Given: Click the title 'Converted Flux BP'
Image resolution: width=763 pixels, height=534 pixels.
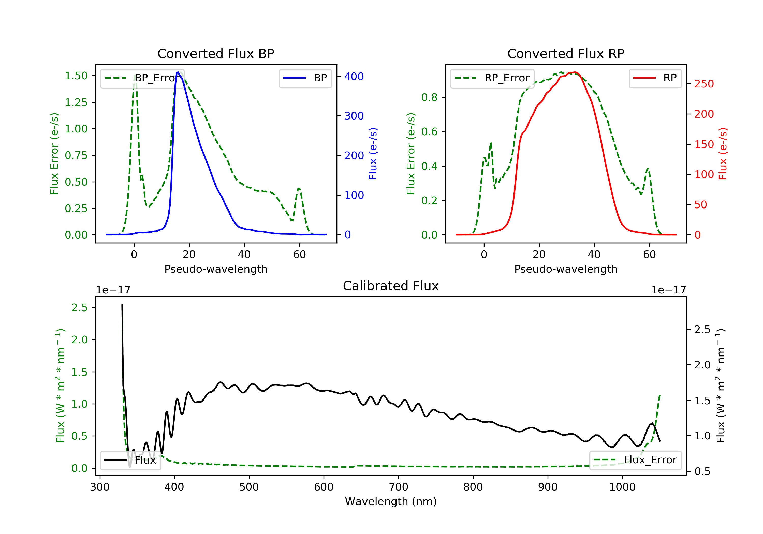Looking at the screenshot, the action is [x=216, y=53].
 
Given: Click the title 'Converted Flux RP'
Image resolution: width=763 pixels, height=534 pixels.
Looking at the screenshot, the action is [x=566, y=53].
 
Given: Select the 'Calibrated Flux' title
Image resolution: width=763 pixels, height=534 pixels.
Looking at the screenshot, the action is [x=391, y=286].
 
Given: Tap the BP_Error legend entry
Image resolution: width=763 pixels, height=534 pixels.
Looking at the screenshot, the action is [x=142, y=78].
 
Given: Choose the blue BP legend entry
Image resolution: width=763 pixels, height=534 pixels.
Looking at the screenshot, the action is [x=305, y=78].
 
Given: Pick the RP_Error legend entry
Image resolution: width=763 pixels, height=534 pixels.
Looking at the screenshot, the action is [x=492, y=78].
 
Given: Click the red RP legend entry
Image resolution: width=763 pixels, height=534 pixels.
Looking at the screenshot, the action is [x=655, y=78].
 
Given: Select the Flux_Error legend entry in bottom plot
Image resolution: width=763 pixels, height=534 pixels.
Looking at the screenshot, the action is [x=635, y=460].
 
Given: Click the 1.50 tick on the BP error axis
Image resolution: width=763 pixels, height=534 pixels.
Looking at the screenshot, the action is [x=76, y=76].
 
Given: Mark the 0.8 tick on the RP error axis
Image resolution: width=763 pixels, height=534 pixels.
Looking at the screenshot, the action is [x=429, y=97].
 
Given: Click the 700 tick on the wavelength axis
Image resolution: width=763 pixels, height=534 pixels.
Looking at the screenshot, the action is [x=399, y=487].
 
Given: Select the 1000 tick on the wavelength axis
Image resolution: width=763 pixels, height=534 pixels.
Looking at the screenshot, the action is [x=622, y=487].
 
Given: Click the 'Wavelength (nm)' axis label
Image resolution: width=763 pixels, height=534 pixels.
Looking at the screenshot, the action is [x=391, y=501].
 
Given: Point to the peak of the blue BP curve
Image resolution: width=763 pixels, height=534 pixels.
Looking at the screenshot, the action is [x=178, y=72].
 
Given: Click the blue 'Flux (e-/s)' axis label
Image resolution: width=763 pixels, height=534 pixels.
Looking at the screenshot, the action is [x=373, y=154].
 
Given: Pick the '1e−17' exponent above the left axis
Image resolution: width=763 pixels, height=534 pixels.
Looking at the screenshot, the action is [x=113, y=290].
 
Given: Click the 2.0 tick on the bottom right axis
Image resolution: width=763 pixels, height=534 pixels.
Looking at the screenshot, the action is [x=702, y=365].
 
